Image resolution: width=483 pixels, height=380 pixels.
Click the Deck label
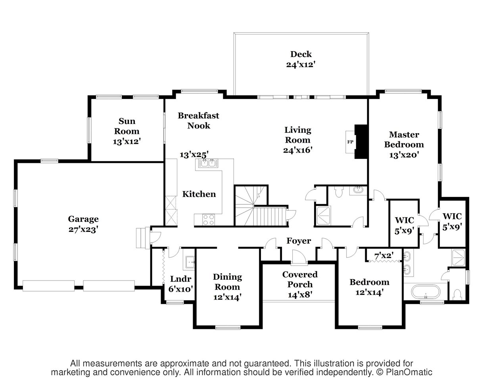pyautogui.click(x=301, y=54)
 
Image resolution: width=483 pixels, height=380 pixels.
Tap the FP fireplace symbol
pyautogui.click(x=351, y=142)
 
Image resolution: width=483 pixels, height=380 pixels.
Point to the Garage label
pyautogui.click(x=83, y=219)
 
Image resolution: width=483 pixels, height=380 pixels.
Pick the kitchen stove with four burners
pyautogui.click(x=209, y=219)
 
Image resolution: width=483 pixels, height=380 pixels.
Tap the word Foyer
pyautogui.click(x=299, y=241)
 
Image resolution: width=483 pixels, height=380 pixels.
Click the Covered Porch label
pyautogui.click(x=300, y=279)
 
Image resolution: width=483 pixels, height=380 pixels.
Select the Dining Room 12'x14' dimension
pyautogui.click(x=227, y=297)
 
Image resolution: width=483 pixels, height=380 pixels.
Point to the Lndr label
pyautogui.click(x=178, y=278)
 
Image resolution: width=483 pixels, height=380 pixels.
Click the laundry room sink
pyautogui.click(x=190, y=261)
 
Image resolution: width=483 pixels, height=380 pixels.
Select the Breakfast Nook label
pyautogui.click(x=198, y=120)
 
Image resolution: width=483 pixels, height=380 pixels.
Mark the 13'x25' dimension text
pyautogui.click(x=194, y=154)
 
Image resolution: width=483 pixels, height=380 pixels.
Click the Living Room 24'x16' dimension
pyautogui.click(x=298, y=150)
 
